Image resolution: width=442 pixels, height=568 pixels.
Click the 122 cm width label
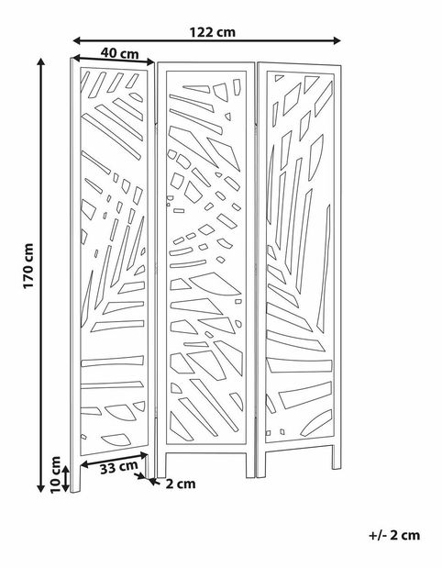pos(213,32)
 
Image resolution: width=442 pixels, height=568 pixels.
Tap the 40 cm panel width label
pos(119,53)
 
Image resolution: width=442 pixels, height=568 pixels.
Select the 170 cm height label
pos(28,266)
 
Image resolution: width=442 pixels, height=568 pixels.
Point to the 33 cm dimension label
pos(118,468)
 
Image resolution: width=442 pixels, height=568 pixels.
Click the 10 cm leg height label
pos(55,474)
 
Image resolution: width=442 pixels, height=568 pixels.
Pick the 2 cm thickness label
pos(181,484)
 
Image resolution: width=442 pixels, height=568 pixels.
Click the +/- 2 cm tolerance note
pos(394,535)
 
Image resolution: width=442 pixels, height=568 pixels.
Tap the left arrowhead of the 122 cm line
pos(77,40)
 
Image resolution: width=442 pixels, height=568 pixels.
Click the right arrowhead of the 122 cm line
pos(337,40)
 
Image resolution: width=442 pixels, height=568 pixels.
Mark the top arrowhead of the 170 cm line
pos(41,62)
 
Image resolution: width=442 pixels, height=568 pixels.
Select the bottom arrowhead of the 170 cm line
pos(41,488)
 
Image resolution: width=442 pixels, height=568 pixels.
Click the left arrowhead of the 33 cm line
pos(84,464)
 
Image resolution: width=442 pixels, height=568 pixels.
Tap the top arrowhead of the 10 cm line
pos(65,470)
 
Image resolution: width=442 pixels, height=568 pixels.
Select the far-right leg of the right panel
pos(337,456)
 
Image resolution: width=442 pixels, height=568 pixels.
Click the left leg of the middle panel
pos(161,464)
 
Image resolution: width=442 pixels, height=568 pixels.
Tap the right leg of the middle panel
pos(250,464)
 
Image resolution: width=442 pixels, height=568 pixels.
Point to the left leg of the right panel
pos(261,464)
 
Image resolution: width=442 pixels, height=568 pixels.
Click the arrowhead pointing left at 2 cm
pos(153,482)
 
